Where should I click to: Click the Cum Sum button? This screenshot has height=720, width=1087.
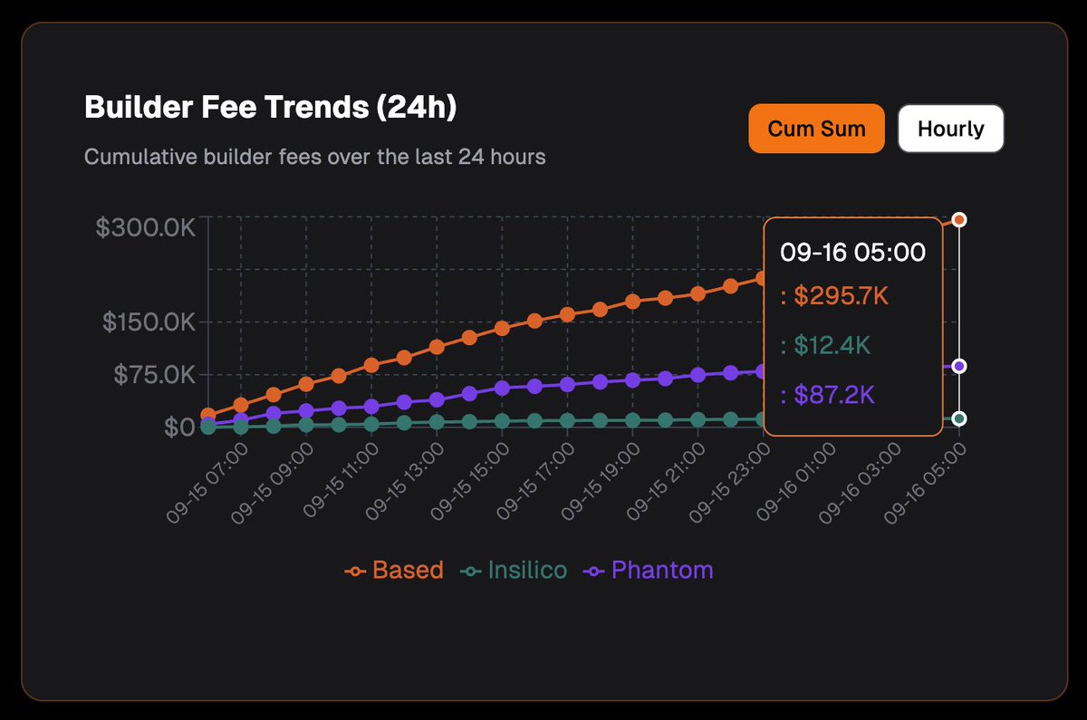(816, 129)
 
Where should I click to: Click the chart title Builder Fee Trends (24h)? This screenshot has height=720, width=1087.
(270, 108)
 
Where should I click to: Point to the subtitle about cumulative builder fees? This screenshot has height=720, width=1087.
(314, 157)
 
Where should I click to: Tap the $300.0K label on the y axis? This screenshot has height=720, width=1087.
(145, 227)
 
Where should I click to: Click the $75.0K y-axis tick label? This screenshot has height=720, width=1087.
(155, 375)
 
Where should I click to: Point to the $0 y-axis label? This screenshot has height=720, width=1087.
(179, 427)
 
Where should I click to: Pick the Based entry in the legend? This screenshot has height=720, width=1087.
(395, 571)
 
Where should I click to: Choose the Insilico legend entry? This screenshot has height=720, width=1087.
(514, 571)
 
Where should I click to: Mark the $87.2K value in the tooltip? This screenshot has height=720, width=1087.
(827, 395)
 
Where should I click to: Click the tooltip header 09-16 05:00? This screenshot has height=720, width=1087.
(852, 252)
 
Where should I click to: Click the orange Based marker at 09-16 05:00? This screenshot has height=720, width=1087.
(959, 220)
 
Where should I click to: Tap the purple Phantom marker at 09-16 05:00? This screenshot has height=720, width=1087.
(959, 366)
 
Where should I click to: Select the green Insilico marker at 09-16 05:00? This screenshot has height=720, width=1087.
(959, 418)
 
